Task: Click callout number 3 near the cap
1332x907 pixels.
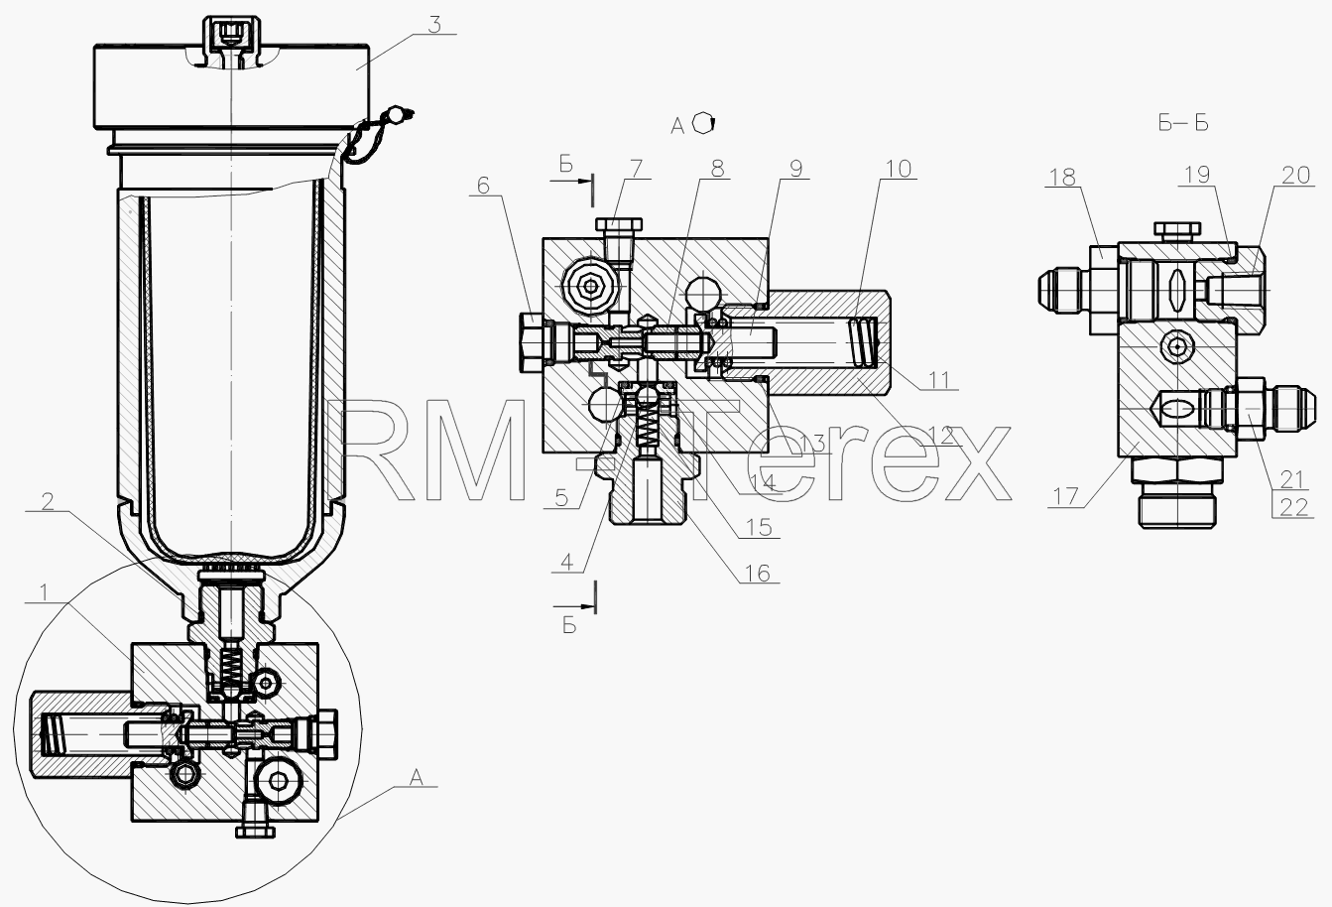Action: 434,25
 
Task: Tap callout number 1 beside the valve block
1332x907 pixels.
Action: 43,592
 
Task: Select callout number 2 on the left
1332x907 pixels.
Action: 48,502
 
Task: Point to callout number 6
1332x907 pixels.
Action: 483,186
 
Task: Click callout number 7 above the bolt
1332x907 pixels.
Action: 637,169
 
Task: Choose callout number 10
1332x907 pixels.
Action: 899,169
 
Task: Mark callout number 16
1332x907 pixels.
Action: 758,574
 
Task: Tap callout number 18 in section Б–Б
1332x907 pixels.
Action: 1062,178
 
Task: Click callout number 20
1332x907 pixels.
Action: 1295,175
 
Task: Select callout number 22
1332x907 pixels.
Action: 1293,507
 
